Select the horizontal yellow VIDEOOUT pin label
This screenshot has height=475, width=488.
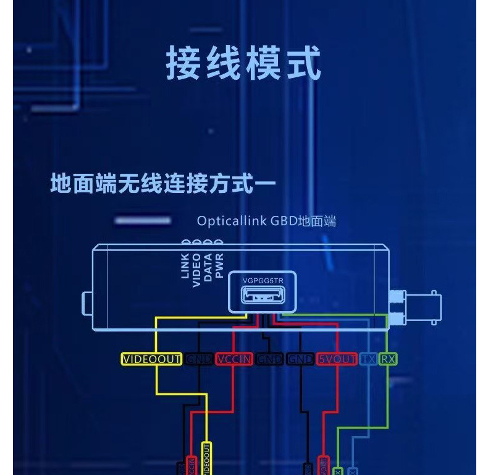coord(151,359)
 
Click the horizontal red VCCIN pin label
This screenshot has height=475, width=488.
coord(234,359)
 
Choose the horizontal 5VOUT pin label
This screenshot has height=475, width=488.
coord(337,359)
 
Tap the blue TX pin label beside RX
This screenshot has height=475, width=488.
coord(368,359)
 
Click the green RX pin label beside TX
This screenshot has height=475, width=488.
coord(387,359)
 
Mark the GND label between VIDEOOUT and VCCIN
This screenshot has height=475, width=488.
coord(199,359)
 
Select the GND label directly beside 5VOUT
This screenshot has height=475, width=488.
coord(301,359)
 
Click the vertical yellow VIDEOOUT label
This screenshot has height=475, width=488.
coord(207,460)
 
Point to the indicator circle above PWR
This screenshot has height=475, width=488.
coord(219,243)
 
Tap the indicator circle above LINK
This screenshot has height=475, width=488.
coord(185,243)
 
